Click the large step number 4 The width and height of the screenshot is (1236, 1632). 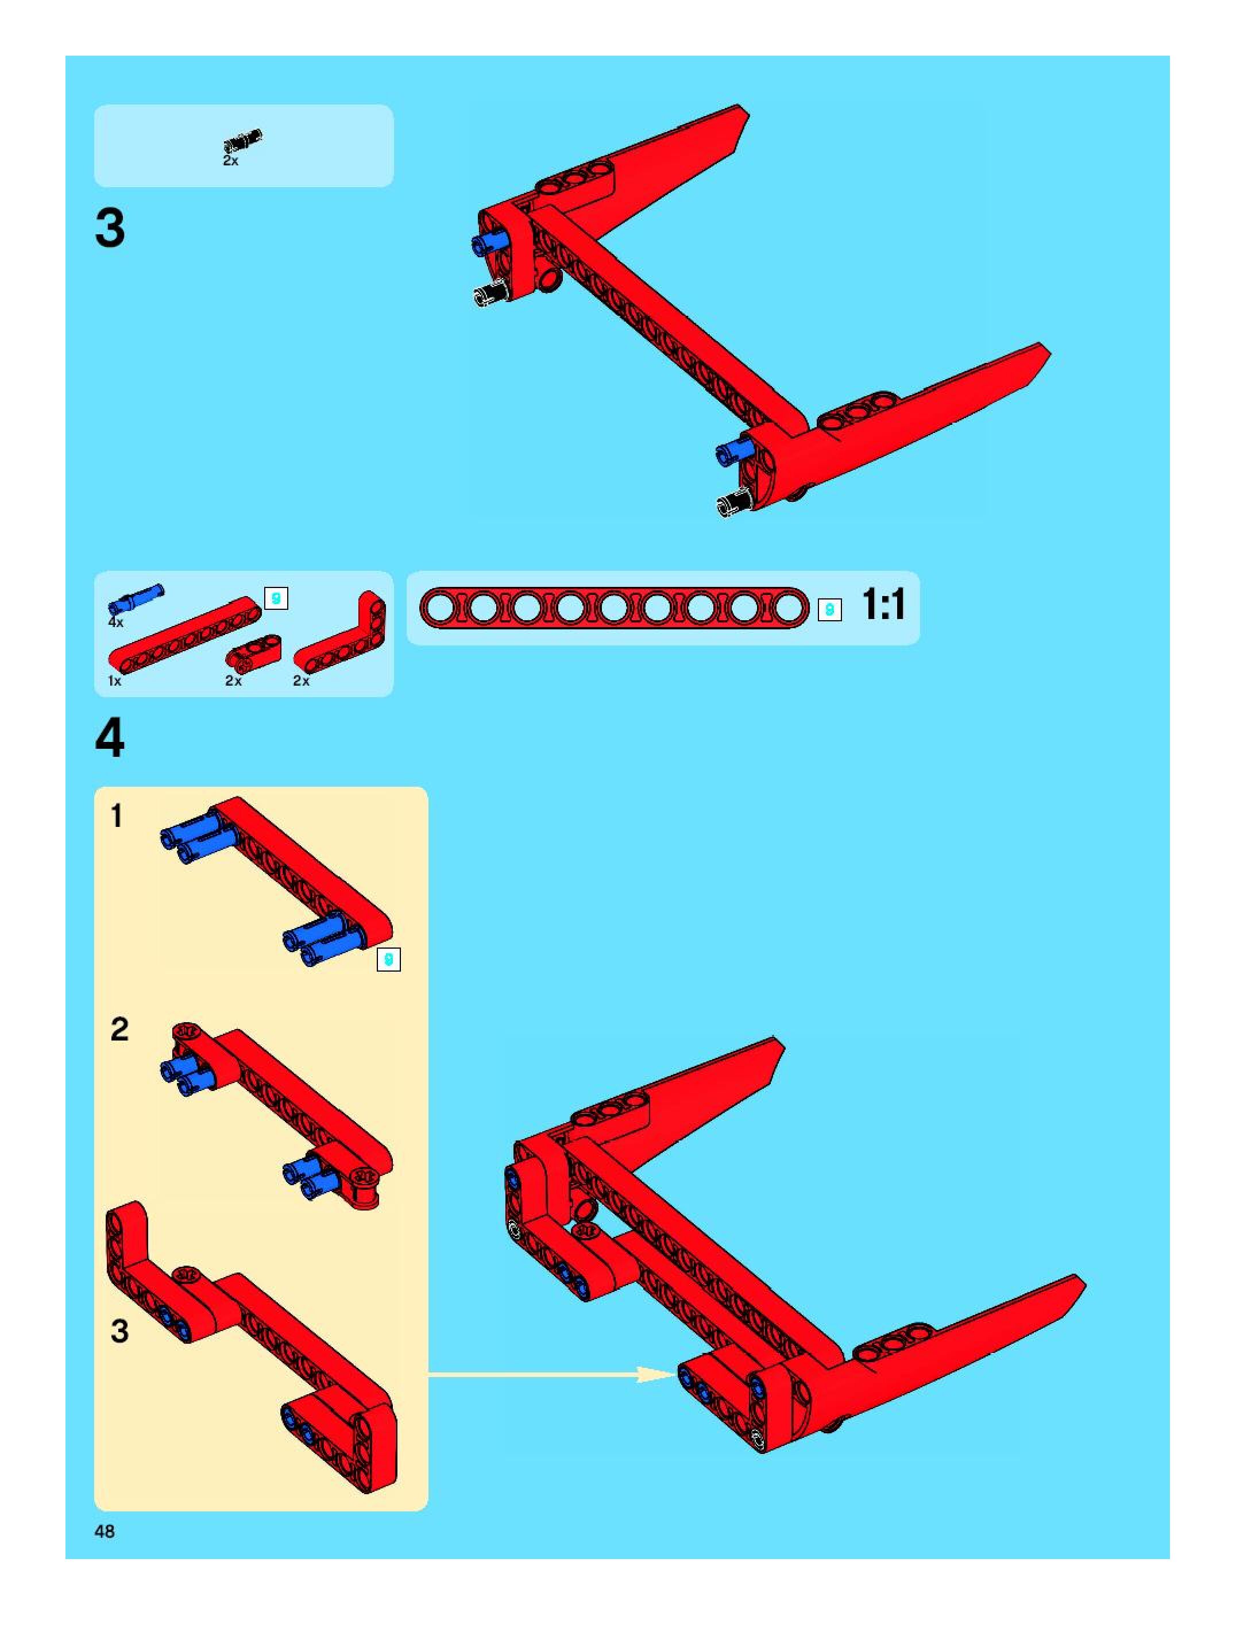pyautogui.click(x=110, y=738)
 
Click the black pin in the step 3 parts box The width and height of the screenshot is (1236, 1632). pyautogui.click(x=244, y=140)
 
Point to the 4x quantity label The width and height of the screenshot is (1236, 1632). pyautogui.click(x=116, y=622)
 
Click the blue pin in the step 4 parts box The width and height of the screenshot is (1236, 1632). pyautogui.click(x=137, y=598)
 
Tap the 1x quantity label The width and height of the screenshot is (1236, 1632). pyautogui.click(x=114, y=681)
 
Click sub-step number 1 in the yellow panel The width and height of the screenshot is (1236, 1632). pyautogui.click(x=117, y=816)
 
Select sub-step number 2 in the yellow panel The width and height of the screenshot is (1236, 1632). pyautogui.click(x=119, y=1028)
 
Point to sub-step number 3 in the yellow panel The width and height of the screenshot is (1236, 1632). pyautogui.click(x=119, y=1331)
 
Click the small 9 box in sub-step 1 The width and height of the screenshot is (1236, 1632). pyautogui.click(x=388, y=960)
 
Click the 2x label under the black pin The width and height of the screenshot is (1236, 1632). pyautogui.click(x=231, y=161)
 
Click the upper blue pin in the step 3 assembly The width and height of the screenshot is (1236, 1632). pyautogui.click(x=489, y=243)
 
